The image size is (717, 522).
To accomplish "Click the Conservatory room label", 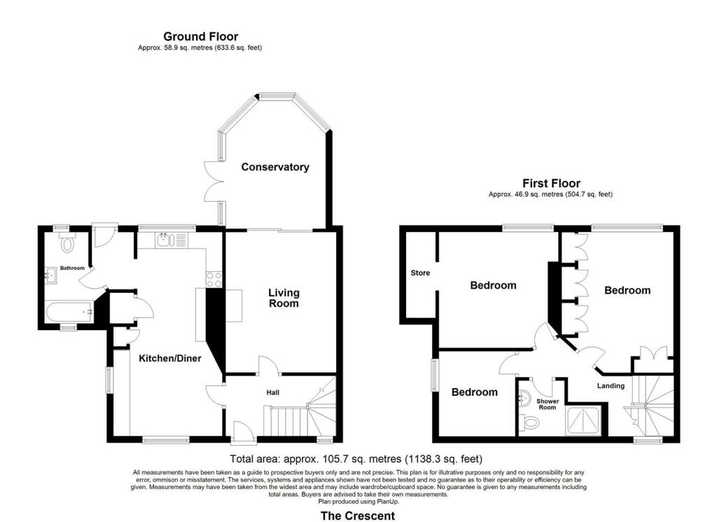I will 275,167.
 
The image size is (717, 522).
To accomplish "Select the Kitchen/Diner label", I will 170,358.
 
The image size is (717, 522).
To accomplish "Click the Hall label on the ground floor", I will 273,393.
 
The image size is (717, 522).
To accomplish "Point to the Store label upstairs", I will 420,273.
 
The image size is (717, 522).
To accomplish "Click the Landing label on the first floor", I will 611,385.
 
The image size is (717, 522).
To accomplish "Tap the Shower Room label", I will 547,404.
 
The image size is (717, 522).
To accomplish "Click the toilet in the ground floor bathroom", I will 68,243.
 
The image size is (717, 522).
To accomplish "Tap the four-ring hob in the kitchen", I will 214,278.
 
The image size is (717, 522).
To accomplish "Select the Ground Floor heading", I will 200,36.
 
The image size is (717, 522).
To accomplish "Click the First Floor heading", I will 551,184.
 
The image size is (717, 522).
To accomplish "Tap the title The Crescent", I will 357,515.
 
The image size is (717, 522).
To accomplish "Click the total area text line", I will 357,460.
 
